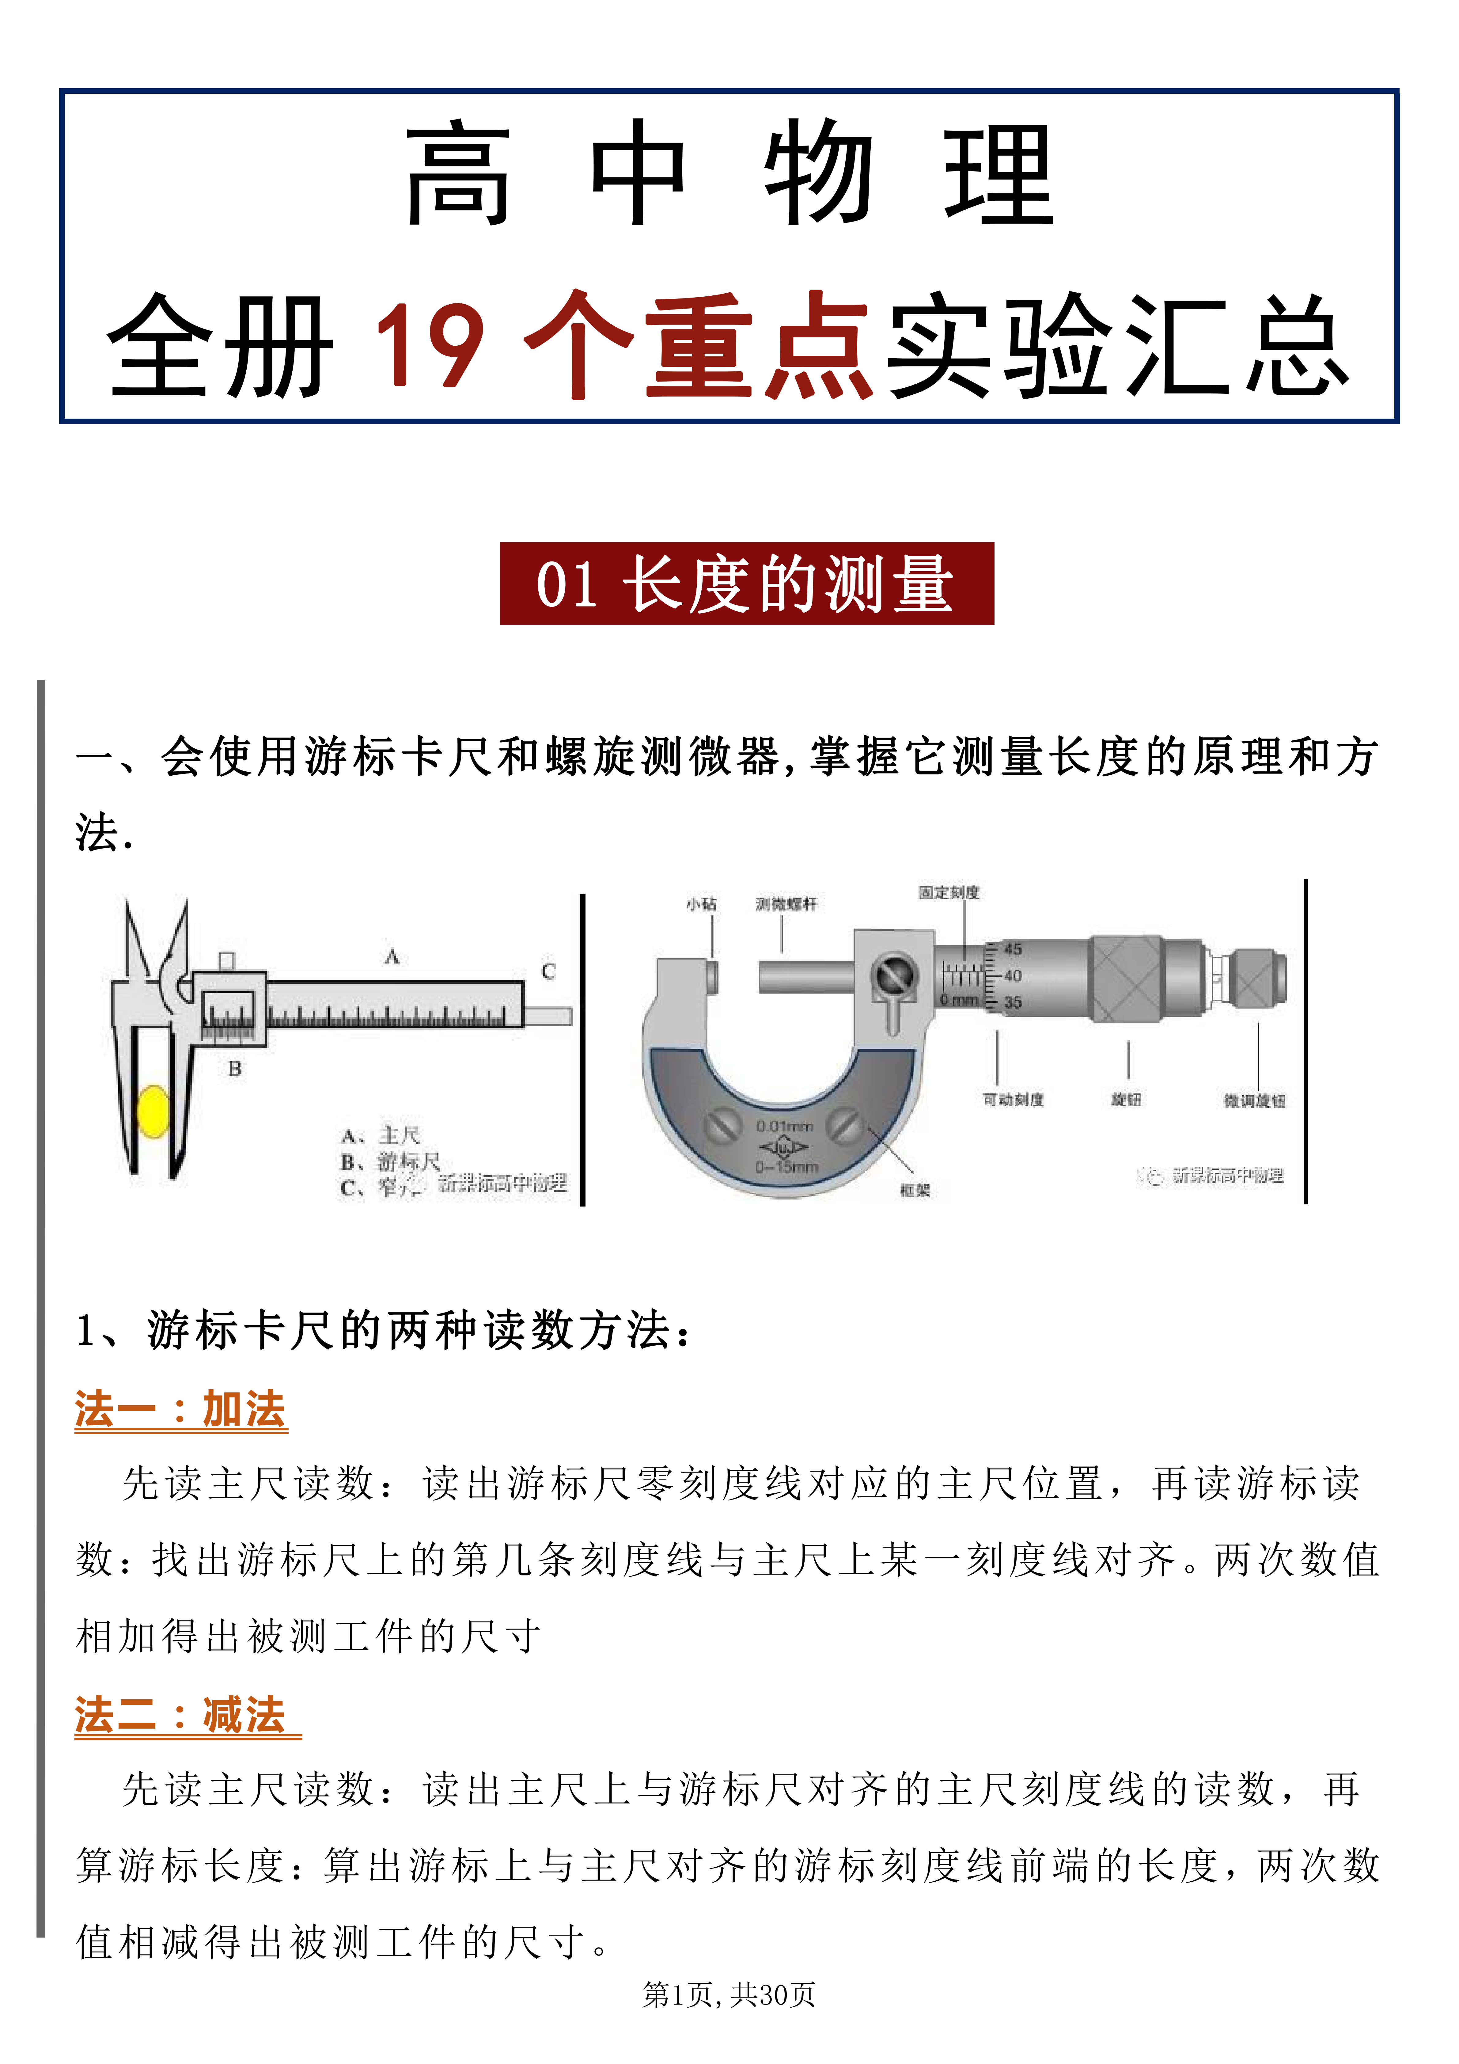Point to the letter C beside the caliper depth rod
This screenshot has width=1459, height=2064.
point(548,972)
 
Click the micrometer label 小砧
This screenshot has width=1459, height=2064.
point(701,903)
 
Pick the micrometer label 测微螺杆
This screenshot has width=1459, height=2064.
point(786,903)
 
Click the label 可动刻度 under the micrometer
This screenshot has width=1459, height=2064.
point(1013,1100)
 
